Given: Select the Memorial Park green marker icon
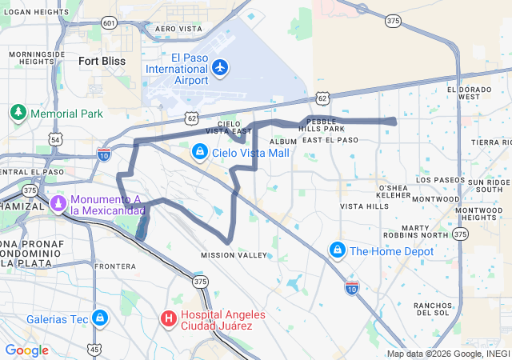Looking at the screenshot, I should (18, 113).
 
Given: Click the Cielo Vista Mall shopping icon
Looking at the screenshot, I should (200, 151).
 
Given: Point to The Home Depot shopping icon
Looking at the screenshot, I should (338, 250).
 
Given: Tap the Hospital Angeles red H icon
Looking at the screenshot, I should (169, 318).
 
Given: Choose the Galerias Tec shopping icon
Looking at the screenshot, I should (100, 318).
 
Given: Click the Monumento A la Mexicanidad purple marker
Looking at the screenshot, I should (58, 204).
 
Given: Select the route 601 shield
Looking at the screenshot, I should (110, 23).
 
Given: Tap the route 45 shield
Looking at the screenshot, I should (95, 349).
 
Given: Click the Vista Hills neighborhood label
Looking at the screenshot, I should (364, 206).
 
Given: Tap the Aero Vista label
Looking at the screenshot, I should (178, 28).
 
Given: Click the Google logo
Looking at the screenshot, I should (26, 350).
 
